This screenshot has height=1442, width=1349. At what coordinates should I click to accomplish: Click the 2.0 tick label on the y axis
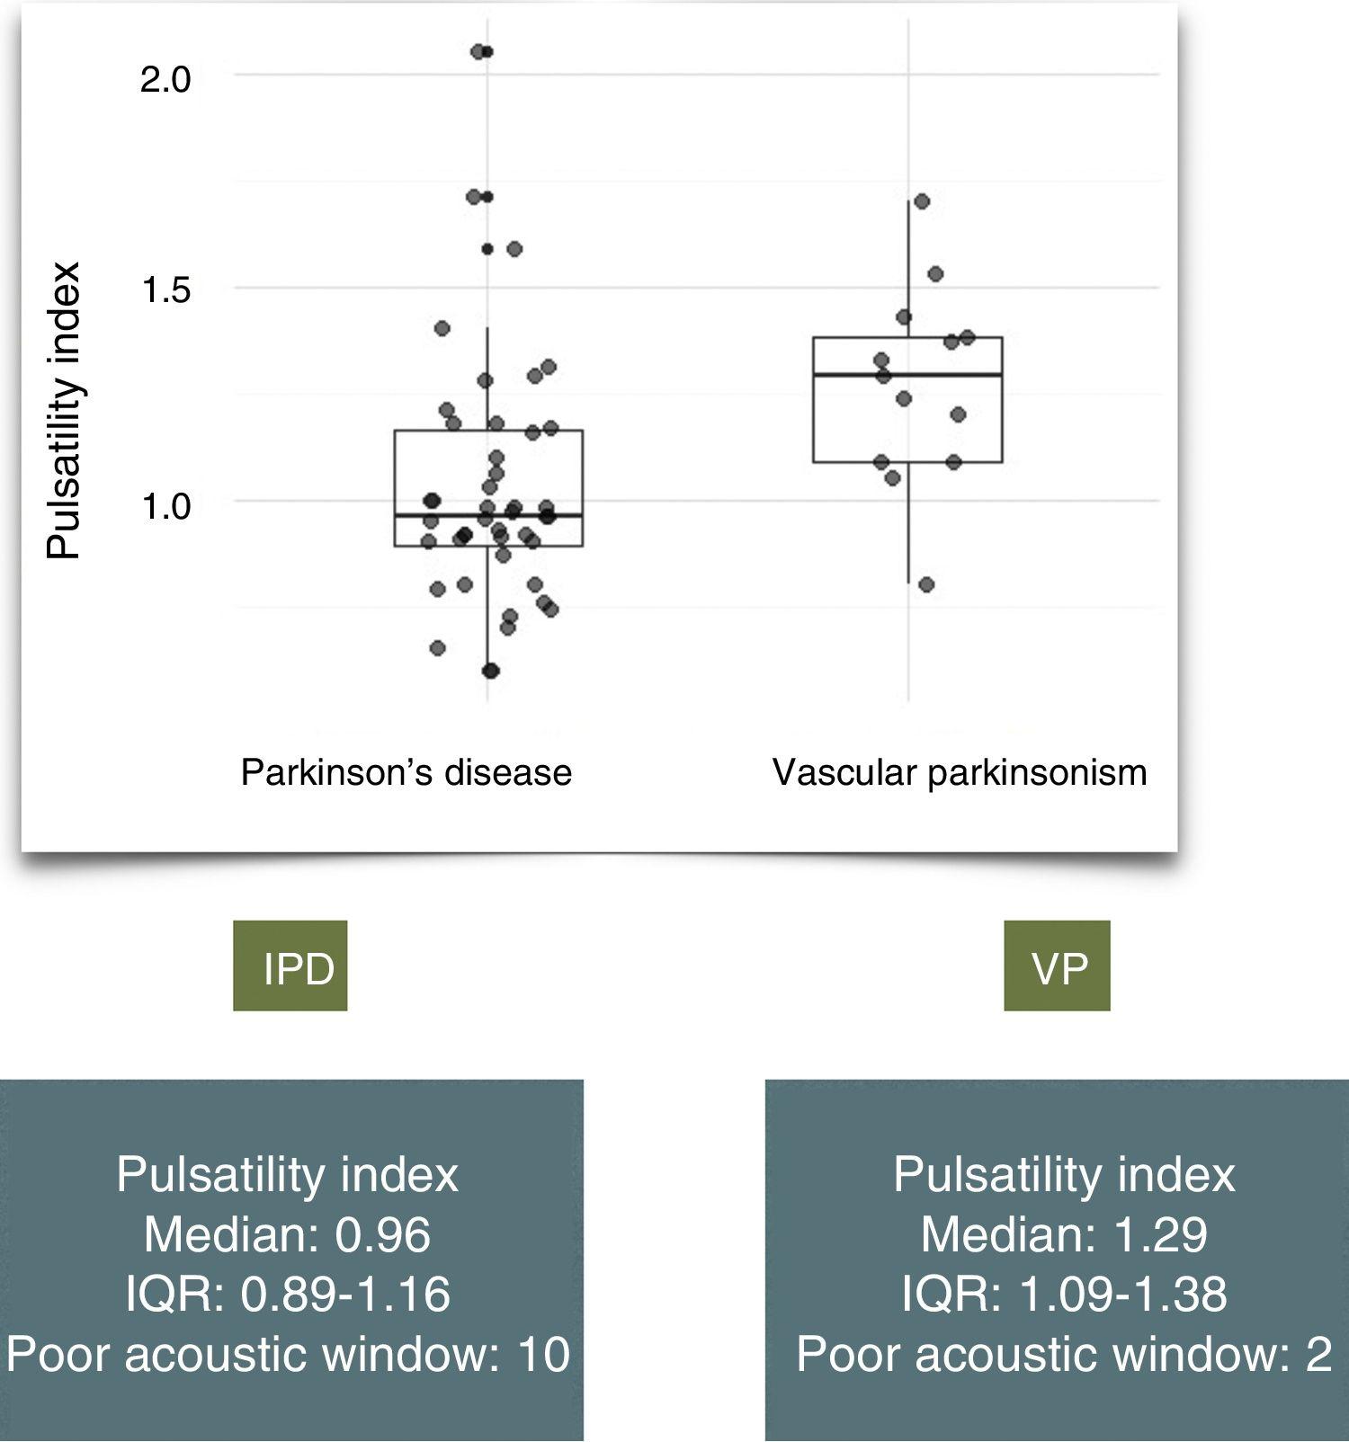point(165,81)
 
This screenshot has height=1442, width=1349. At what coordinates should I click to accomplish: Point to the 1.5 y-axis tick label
point(165,290)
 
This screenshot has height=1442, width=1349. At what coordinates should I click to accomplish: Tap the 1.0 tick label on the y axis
point(165,507)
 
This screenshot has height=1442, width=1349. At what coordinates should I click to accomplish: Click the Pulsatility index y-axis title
point(64,411)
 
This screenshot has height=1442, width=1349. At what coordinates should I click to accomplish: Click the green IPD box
point(290,966)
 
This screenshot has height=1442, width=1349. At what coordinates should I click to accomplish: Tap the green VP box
point(1057,966)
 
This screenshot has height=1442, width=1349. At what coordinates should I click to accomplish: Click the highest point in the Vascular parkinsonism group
point(921,201)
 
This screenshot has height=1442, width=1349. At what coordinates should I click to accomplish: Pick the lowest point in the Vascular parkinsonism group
point(926,585)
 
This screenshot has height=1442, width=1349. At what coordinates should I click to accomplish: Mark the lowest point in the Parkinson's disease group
point(490,671)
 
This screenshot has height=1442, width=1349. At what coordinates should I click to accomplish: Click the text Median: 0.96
point(287,1234)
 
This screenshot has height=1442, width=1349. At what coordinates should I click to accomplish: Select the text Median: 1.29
point(1063,1234)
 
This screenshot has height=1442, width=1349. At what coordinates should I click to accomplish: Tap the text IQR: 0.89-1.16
point(287,1294)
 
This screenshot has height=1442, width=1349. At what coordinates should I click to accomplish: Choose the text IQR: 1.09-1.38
point(1063,1294)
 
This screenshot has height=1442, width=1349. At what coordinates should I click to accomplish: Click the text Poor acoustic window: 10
point(287,1354)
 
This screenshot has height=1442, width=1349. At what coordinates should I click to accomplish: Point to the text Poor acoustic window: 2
point(1063,1354)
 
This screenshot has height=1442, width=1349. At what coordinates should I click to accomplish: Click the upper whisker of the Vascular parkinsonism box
point(907,270)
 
